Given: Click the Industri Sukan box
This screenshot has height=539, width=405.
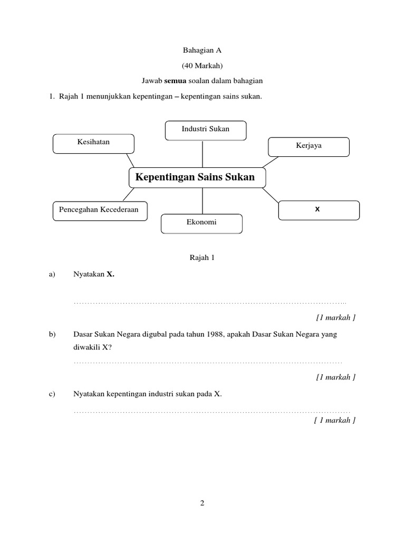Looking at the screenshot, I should [x=205, y=131].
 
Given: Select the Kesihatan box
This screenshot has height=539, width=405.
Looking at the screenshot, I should [x=93, y=144].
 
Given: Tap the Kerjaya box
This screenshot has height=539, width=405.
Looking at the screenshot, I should [x=308, y=147].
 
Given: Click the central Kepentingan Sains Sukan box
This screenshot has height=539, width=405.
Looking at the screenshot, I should [x=197, y=178].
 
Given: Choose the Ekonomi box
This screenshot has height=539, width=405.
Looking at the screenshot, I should [x=201, y=223].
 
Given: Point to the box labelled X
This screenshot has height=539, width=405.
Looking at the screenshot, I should [x=319, y=210].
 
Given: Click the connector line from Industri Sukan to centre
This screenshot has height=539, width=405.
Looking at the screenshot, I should [x=202, y=154].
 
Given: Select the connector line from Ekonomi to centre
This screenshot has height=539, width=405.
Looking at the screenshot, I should [x=202, y=201].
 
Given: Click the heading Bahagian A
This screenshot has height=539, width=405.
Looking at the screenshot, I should [x=202, y=50].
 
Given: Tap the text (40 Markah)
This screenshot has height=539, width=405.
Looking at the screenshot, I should [x=202, y=66].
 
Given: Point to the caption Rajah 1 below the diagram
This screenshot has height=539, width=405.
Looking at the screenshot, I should [x=202, y=258].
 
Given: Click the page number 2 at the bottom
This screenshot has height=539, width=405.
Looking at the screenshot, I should [x=202, y=503].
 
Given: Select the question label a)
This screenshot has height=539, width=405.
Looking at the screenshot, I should [x=52, y=274].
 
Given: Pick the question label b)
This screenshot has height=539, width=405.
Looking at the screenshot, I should [x=52, y=334].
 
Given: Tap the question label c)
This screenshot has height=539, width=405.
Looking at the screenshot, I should [x=52, y=394].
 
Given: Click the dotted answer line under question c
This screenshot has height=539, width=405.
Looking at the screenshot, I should [x=211, y=411].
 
